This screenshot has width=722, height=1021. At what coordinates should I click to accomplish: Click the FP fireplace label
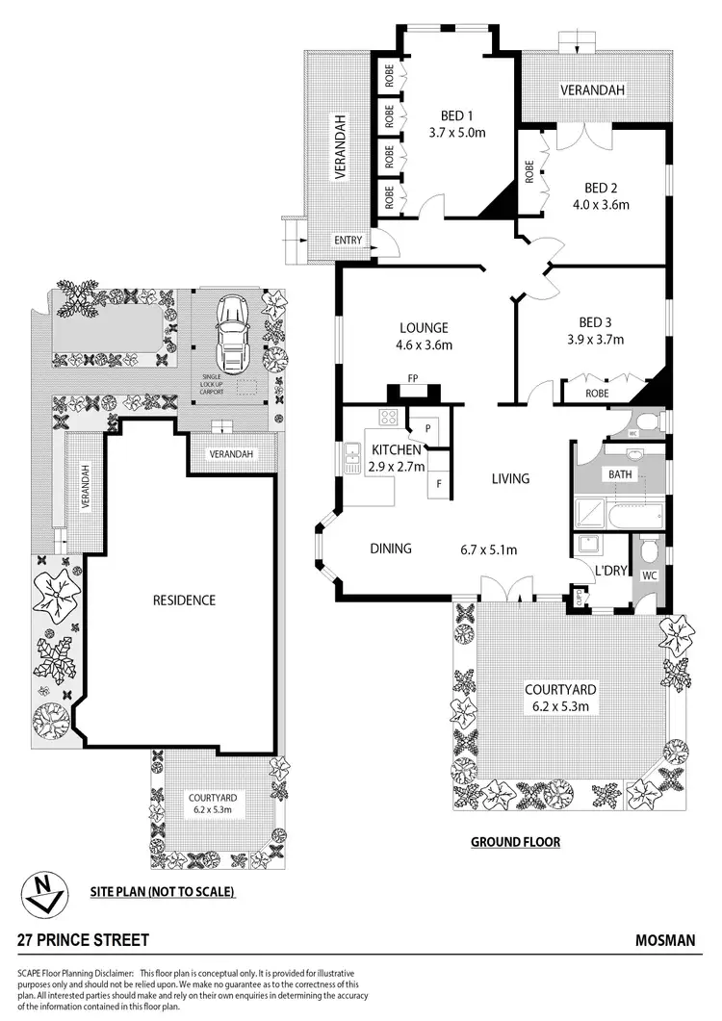tap(412, 379)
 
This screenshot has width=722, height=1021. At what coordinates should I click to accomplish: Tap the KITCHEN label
tap(396, 450)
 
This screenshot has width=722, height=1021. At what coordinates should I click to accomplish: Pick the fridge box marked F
tap(439, 483)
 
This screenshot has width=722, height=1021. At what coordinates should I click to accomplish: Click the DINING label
tap(391, 549)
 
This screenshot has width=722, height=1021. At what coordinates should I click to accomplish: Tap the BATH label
tap(618, 474)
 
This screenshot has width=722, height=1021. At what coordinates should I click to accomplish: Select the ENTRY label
tap(347, 240)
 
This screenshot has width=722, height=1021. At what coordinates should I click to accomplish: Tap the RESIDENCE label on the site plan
tap(185, 600)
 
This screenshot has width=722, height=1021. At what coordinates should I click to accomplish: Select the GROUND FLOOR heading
tap(515, 842)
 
